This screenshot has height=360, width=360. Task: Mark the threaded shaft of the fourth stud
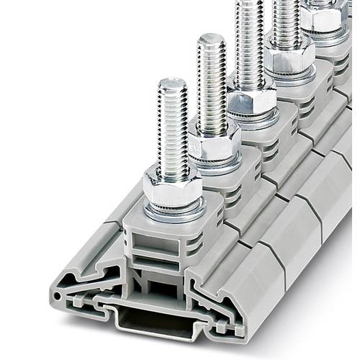tap(285, 18)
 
